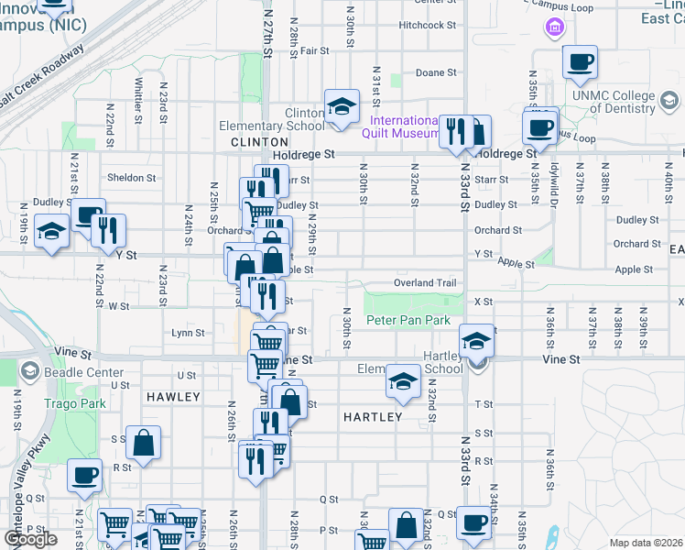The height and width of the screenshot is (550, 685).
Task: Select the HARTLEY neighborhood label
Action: pos(373,417)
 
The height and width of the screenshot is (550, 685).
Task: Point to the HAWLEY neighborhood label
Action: pos(172,397)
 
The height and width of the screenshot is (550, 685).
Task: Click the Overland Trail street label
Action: pos(425,283)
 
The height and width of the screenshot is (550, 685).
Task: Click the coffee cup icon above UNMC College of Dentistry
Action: pos(579,63)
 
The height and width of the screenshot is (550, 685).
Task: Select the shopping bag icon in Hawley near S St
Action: pos(144,445)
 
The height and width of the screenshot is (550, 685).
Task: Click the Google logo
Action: pos(30,539)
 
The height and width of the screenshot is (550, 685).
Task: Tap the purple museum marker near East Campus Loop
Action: pos(554,28)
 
